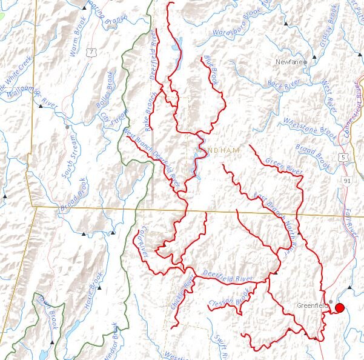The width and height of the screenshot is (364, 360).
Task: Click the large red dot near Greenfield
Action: tap(339, 307)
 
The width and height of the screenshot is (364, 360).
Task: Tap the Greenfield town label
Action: tap(311, 305)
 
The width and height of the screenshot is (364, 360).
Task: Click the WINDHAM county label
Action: tap(218, 150)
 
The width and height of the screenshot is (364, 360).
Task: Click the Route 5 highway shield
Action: tap(344, 157)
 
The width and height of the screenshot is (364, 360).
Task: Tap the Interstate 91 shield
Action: tap(346, 180)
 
